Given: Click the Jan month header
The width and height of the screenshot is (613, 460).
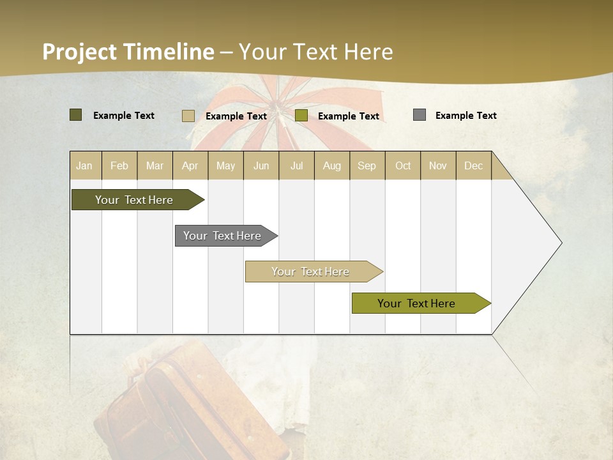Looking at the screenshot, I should pos(84,165).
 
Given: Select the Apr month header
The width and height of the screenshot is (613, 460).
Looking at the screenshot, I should pos(190,165).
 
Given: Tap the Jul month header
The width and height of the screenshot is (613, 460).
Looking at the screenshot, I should pos(296,165).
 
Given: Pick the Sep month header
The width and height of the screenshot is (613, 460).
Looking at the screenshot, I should pos(367,165).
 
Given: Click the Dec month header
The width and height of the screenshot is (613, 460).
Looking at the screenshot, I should pos(473,165).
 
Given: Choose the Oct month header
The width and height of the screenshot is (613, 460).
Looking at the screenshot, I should pos(403,165).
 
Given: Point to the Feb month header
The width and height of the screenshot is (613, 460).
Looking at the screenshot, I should pos(119,165).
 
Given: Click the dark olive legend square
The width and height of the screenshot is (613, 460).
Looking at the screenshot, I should pos(75,115).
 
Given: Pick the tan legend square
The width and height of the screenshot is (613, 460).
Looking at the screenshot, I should pos(188,116).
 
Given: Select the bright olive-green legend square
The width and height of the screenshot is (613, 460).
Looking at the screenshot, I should pos(301,116).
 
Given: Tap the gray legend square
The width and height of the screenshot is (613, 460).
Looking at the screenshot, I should pos(420,115).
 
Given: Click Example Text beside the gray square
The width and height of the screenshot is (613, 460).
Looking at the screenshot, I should pos(465,116).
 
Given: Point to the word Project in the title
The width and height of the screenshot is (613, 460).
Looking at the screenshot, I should pos(79,52).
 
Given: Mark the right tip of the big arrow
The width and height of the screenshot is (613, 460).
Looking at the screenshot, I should pos(561,243).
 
